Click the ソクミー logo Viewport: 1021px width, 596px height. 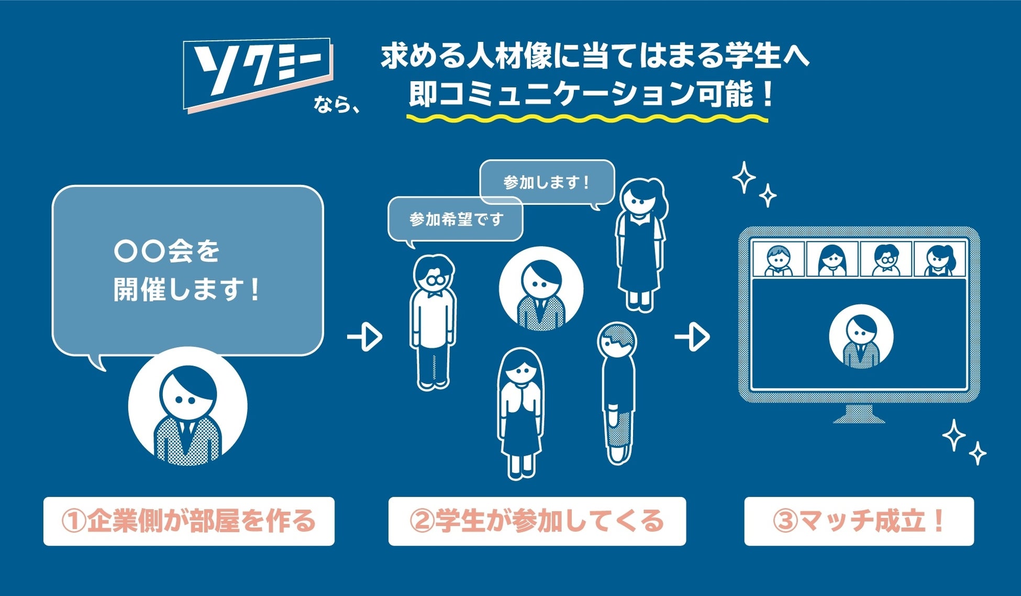point(258,73)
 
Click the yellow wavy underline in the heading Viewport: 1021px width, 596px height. point(586,119)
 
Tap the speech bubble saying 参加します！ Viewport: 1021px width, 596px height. point(547,182)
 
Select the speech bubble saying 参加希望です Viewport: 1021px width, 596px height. point(456,219)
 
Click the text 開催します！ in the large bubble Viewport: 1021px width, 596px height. point(186,290)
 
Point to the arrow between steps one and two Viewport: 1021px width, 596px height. point(365,337)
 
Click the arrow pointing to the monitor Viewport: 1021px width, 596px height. point(692,337)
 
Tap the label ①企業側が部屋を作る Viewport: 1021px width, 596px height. point(188,521)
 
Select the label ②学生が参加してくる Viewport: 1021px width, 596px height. point(537,521)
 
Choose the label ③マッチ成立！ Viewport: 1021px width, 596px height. point(859,521)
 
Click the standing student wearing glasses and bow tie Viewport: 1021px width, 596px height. point(433,322)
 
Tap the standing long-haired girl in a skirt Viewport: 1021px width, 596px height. point(520,414)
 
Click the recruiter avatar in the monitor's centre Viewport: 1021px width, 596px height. point(861,337)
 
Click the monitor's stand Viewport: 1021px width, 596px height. point(859,414)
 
